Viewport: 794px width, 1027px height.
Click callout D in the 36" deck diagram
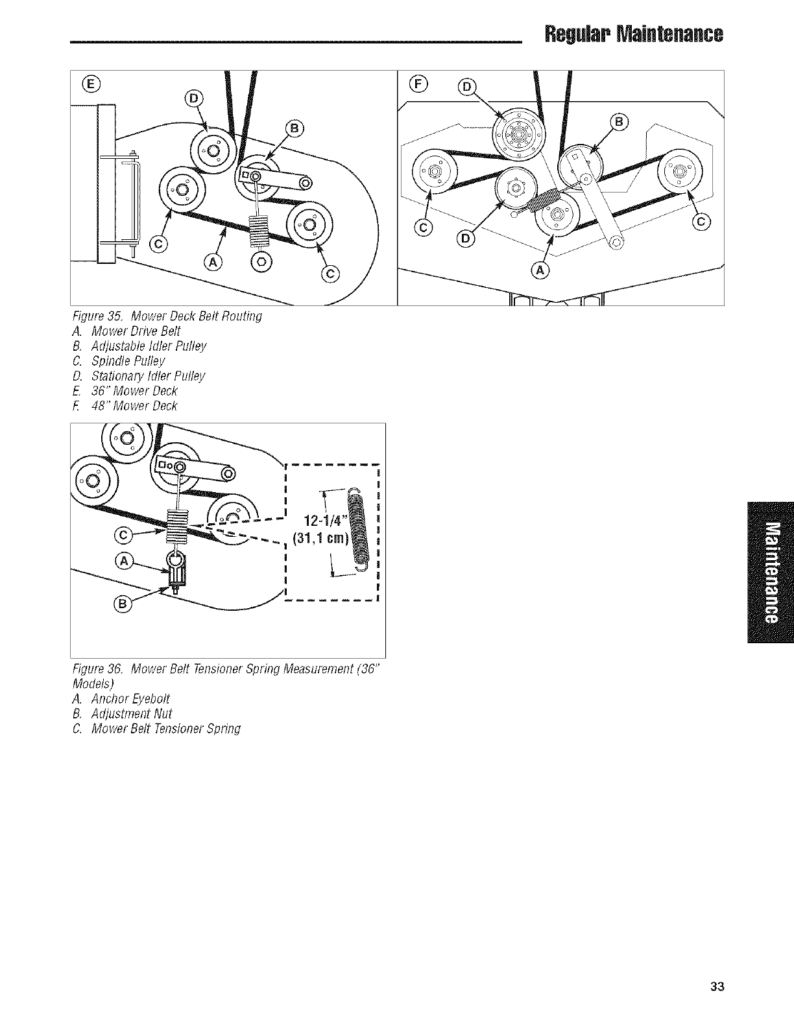[194, 99]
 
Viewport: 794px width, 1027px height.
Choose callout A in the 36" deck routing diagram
[213, 262]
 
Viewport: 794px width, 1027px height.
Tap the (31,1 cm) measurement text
[320, 539]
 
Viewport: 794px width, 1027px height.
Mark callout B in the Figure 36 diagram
[122, 604]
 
